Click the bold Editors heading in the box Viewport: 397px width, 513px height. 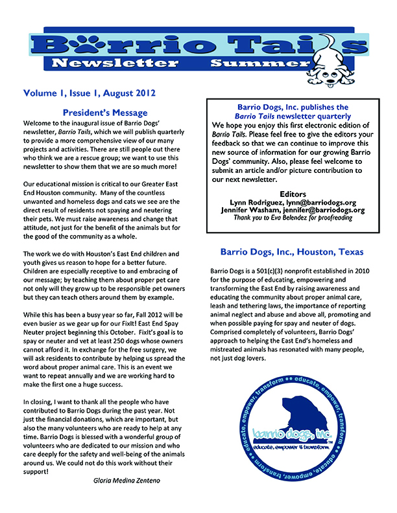[x=292, y=194]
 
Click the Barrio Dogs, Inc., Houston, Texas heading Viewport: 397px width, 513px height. [x=291, y=251]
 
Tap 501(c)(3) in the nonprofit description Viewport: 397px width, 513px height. [x=270, y=269]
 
